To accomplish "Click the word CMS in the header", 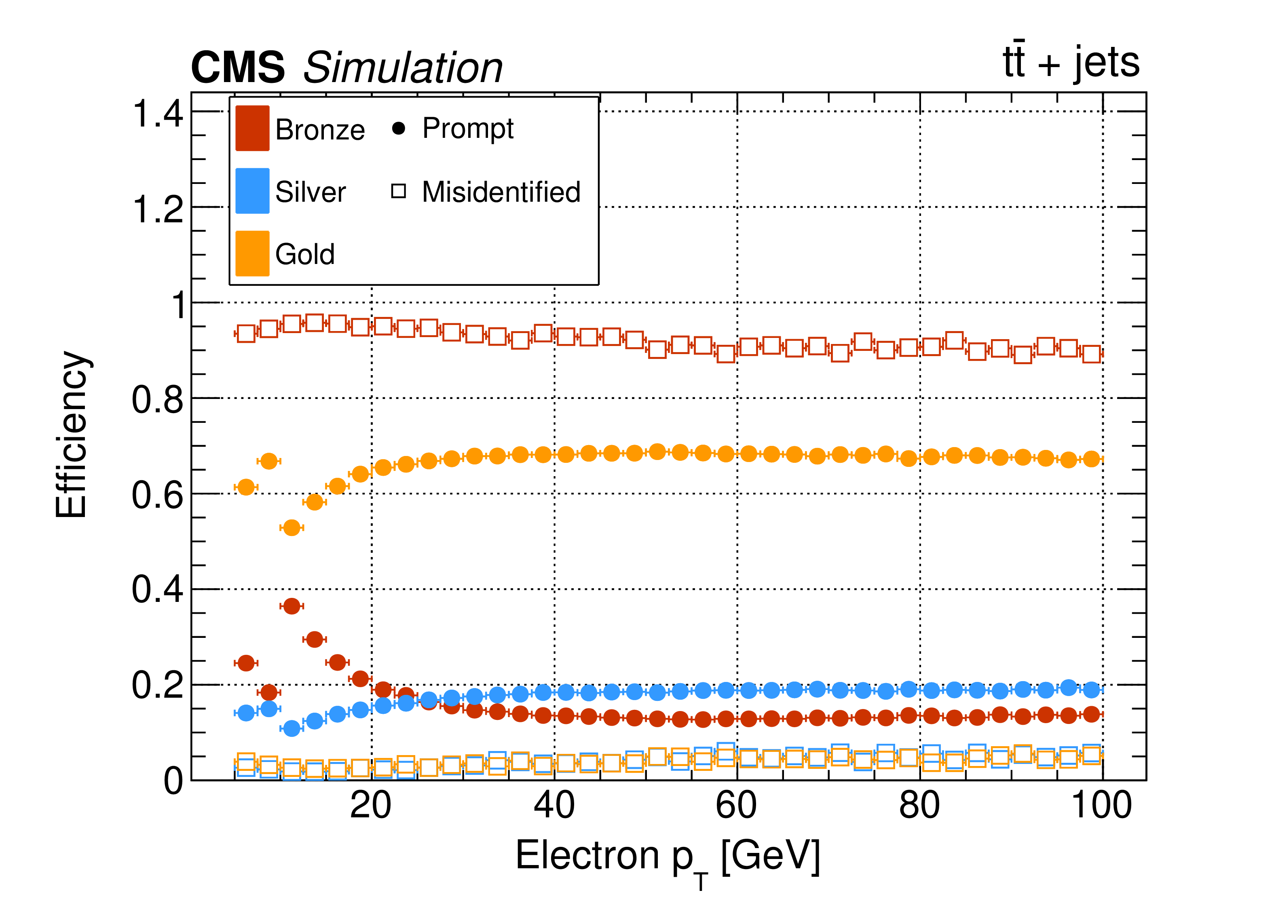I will point(238,68).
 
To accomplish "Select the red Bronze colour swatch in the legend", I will point(252,129).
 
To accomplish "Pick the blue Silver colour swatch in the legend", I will point(252,191).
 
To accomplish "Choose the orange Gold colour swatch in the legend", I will point(252,254).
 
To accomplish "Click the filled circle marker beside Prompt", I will point(399,129).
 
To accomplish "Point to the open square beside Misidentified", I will point(399,192).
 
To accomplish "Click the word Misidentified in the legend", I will point(501,192).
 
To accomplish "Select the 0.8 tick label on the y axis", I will point(157,400).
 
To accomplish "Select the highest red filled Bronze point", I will point(292,606).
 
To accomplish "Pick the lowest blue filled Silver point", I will point(292,728).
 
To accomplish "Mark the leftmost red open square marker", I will point(246,333).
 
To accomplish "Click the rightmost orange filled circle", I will point(1091,459).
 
